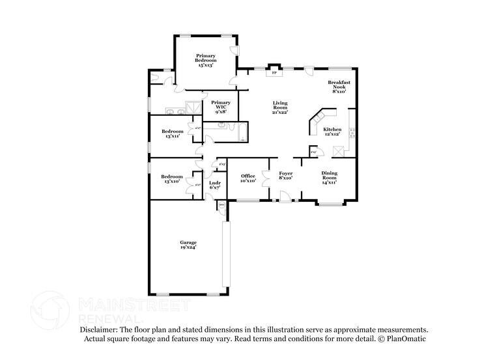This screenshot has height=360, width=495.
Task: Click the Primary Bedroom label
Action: (x=206, y=61)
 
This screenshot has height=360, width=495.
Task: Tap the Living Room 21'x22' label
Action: (x=280, y=107)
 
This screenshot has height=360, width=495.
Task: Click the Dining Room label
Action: (x=330, y=177)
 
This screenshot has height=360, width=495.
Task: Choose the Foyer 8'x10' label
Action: (x=285, y=174)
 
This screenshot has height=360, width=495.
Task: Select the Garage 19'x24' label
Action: (x=188, y=245)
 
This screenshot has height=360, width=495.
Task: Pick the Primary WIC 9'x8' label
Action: (x=221, y=107)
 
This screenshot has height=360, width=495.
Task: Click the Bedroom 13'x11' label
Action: (x=173, y=134)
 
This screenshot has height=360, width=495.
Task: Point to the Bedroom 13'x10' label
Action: (x=173, y=179)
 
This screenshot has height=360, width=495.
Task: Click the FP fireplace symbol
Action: (x=274, y=73)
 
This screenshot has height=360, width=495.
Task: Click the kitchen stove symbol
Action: (x=352, y=133)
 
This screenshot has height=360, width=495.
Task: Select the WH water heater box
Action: (x=221, y=205)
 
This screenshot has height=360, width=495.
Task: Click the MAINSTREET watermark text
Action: (x=134, y=305)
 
